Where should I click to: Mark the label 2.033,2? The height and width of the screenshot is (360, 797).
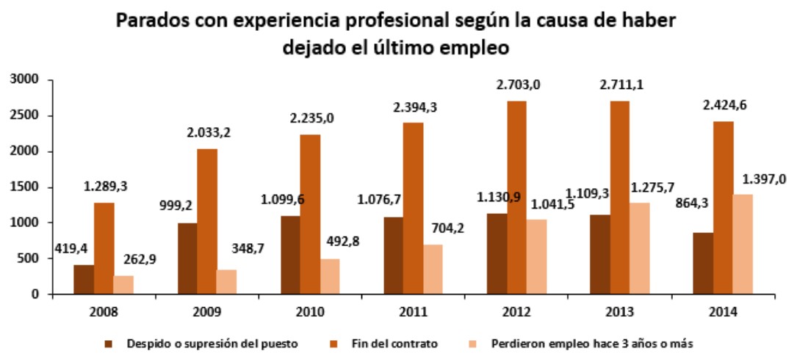(209, 133)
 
